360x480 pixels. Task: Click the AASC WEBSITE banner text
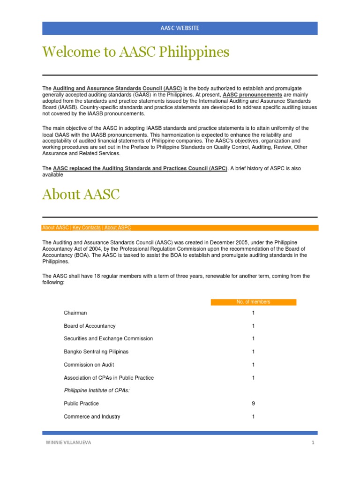tap(180, 28)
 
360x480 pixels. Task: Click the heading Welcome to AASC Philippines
tap(135, 52)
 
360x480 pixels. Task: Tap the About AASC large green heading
tap(81, 195)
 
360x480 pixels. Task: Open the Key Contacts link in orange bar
tap(87, 228)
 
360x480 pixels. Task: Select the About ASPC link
tap(118, 228)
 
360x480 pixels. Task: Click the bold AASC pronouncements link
tap(252, 95)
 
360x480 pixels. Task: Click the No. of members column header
tap(253, 302)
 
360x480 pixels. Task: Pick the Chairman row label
tap(75, 313)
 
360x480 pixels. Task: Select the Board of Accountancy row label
tap(90, 326)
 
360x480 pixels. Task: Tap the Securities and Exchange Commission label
tap(108, 338)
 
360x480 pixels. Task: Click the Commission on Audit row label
tap(89, 365)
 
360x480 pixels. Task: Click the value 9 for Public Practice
tap(253, 404)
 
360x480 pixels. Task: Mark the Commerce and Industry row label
tap(92, 417)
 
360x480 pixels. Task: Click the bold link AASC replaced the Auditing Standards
tap(140, 168)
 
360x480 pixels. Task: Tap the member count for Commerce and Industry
tap(253, 417)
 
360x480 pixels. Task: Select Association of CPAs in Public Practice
tap(109, 378)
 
